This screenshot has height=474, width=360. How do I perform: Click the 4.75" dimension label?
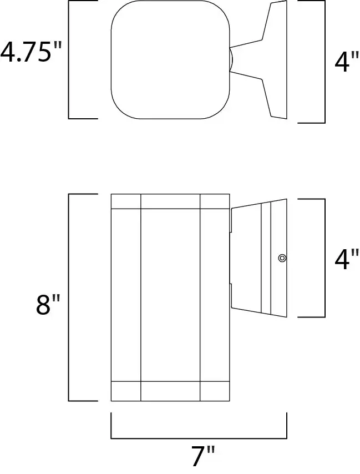(x=31, y=52)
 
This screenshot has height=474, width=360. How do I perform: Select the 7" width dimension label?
(x=203, y=456)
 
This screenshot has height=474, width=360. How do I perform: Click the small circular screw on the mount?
(x=282, y=258)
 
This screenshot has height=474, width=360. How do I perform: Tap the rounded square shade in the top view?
(x=170, y=59)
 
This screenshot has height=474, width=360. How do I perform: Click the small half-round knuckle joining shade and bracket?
(x=232, y=59)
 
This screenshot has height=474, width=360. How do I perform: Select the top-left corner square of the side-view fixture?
(x=126, y=201)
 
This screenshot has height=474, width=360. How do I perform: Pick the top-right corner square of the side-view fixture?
(x=215, y=201)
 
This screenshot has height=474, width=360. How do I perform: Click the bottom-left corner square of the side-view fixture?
(x=126, y=391)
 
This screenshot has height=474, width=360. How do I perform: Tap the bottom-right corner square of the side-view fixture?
(x=215, y=391)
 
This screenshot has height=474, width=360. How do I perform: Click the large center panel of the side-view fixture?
(x=170, y=295)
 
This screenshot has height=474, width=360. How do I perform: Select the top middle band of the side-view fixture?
(x=170, y=201)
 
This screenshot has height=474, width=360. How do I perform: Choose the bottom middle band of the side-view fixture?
(x=170, y=391)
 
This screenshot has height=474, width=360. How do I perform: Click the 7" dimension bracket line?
(x=199, y=438)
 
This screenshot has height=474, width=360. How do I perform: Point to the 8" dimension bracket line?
(x=69, y=297)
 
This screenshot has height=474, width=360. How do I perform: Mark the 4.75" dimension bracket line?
(x=69, y=59)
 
